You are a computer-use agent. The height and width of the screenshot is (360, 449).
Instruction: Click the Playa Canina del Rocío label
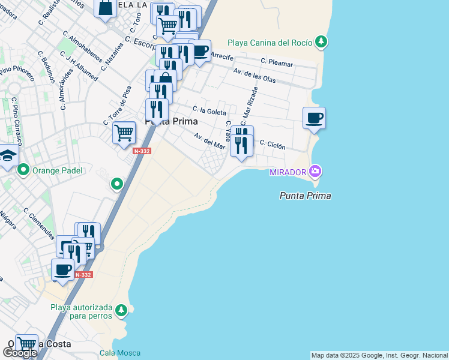pyautogui.click(x=270, y=43)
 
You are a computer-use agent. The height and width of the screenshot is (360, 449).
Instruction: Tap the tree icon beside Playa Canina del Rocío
pyautogui.click(x=322, y=41)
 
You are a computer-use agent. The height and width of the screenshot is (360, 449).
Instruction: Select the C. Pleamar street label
pyautogui.click(x=277, y=62)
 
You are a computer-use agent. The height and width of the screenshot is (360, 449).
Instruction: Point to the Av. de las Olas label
pyautogui.click(x=255, y=76)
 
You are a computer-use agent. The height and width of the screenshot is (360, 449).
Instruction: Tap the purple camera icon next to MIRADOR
pyautogui.click(x=315, y=172)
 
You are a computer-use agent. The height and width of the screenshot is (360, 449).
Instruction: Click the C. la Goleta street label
pyautogui.click(x=209, y=112)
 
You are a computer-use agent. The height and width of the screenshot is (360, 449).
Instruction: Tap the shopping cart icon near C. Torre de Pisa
pyautogui.click(x=124, y=131)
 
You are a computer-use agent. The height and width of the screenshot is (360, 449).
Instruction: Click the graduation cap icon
pyautogui.click(x=7, y=156)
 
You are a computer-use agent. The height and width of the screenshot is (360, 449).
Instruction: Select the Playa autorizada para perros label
pyautogui.click(x=81, y=311)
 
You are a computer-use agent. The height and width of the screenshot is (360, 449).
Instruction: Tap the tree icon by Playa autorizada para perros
pyautogui.click(x=121, y=310)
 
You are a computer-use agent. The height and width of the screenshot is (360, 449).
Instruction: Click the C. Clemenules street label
pyautogui.click(x=38, y=222)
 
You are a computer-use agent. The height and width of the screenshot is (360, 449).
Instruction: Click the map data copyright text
pyautogui.click(x=379, y=355)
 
